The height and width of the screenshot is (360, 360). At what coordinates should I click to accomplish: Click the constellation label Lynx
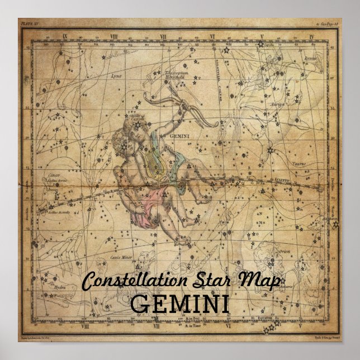[x=116, y=75]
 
